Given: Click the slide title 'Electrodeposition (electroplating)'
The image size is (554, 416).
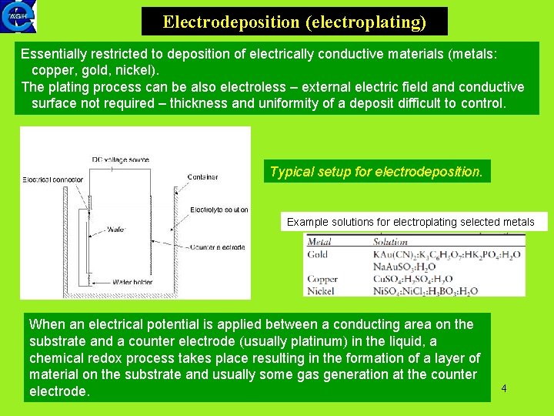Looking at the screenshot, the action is coord(294,22).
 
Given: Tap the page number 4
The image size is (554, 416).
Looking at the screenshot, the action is coord(503,388).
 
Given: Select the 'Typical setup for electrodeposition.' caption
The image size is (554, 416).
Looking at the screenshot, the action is coord(376,172).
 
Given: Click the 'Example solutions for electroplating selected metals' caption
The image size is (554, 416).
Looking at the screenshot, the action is coord(410,222).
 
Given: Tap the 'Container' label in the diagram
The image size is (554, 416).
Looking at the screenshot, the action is coord(202,177).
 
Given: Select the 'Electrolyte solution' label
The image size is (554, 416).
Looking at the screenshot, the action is coord(219,210).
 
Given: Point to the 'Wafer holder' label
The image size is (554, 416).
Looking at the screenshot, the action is coord(132,282).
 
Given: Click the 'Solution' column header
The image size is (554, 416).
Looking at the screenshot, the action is coord(391,242).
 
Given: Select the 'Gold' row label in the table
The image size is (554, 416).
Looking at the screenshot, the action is coord(318,254).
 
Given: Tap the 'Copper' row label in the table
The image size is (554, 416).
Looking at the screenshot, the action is coord(322,279).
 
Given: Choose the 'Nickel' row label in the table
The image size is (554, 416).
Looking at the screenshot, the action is coord(321,291).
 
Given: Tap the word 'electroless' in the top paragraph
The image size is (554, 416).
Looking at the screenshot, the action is coord(239,87).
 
